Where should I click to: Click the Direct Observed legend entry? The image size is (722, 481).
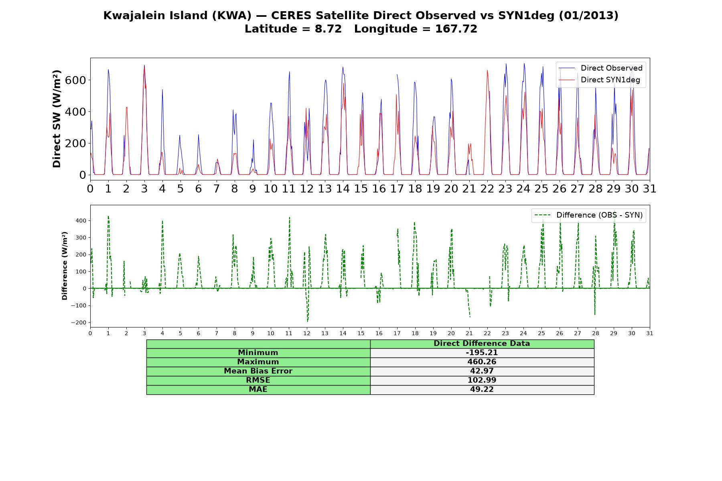[x=601, y=68]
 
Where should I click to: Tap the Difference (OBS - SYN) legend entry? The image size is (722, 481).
[x=589, y=215]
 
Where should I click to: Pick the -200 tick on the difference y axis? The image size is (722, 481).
[x=79, y=323]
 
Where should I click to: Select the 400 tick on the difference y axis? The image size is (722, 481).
[x=81, y=221]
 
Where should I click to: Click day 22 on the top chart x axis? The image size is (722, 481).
[x=487, y=189]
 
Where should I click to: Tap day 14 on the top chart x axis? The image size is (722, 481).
[x=343, y=189]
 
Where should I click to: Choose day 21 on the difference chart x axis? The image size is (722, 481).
[x=469, y=333]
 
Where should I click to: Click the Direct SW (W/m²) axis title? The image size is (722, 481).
[x=57, y=119]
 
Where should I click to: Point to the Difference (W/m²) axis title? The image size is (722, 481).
[x=65, y=266]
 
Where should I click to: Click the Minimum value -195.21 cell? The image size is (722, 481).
[x=482, y=353]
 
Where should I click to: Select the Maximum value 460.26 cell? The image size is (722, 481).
[x=482, y=362]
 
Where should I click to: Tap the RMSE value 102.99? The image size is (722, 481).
[x=482, y=380]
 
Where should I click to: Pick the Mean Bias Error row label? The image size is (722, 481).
[x=258, y=371]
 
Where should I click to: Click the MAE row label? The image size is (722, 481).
[x=258, y=390]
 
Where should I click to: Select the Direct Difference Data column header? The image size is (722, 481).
[x=482, y=344]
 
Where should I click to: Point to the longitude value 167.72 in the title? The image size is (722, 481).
[x=456, y=29]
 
